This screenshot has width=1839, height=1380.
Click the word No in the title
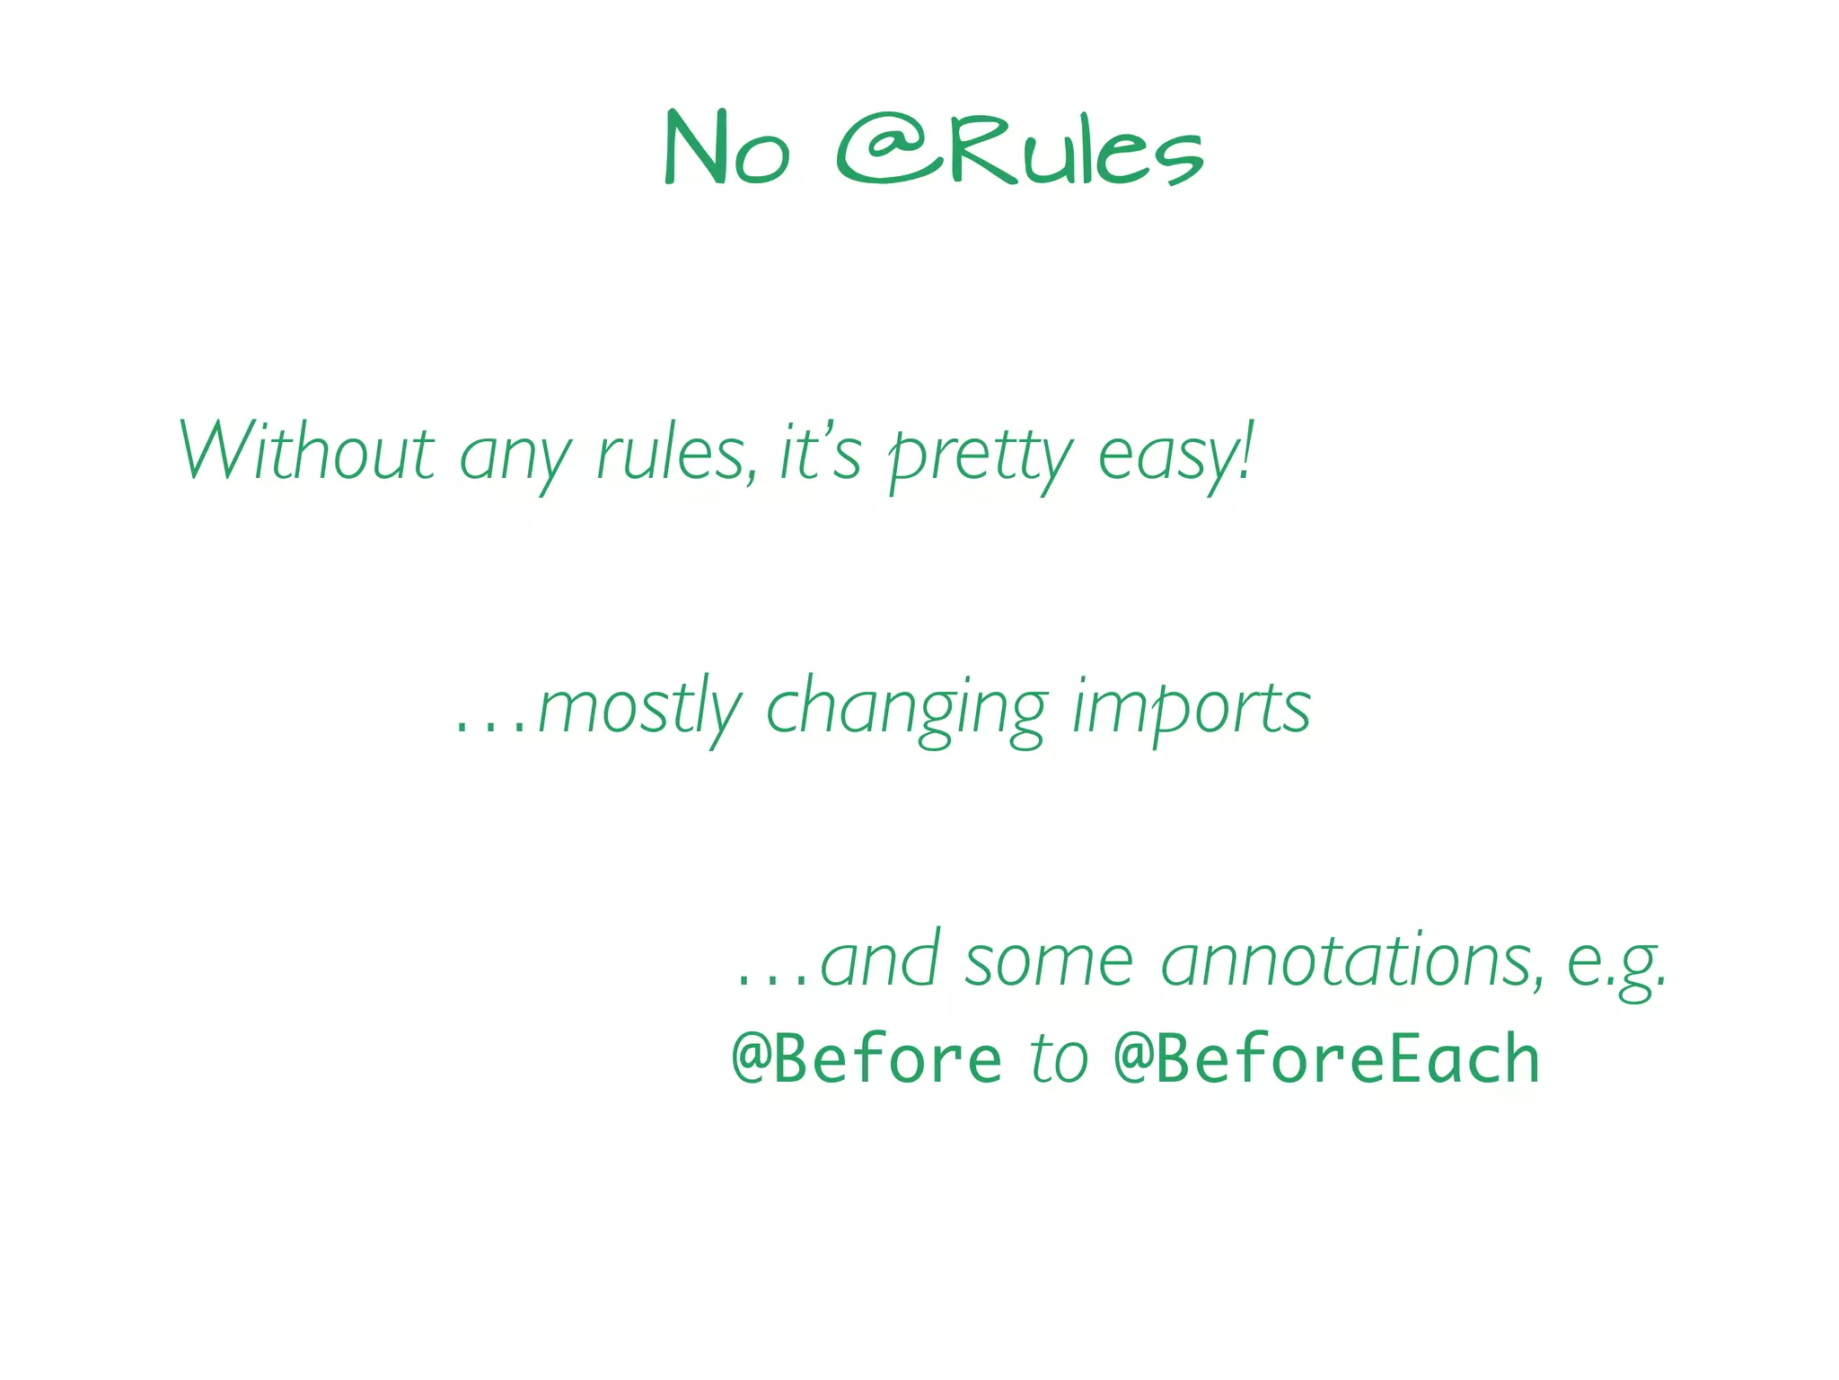click(x=727, y=149)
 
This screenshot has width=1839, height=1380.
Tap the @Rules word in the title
click(x=1019, y=149)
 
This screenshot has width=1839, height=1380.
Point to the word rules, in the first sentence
click(x=678, y=453)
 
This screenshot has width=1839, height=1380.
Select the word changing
click(x=907, y=710)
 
